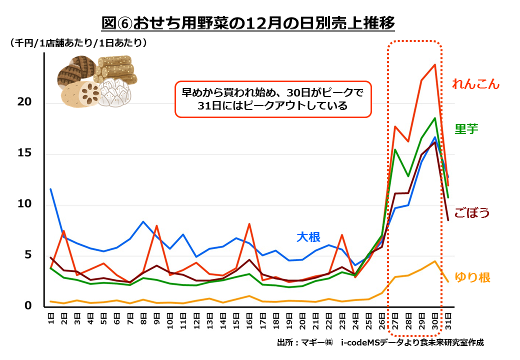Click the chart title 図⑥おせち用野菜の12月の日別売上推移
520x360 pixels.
click(x=248, y=23)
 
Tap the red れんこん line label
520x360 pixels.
click(x=475, y=83)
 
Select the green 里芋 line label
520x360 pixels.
click(x=466, y=128)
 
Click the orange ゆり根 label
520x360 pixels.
click(x=472, y=277)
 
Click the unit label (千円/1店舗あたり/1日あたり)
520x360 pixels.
click(x=78, y=43)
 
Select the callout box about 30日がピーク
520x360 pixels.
click(x=273, y=99)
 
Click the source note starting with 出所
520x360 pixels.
click(x=380, y=342)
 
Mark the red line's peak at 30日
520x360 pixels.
click(x=435, y=64)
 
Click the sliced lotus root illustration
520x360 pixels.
click(x=80, y=93)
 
